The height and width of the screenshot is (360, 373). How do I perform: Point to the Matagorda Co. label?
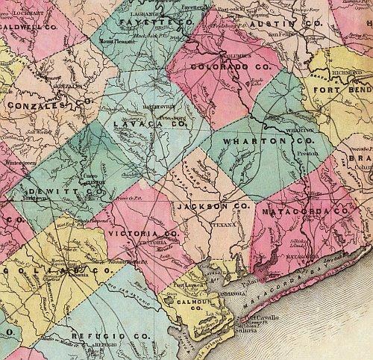click(307, 211)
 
